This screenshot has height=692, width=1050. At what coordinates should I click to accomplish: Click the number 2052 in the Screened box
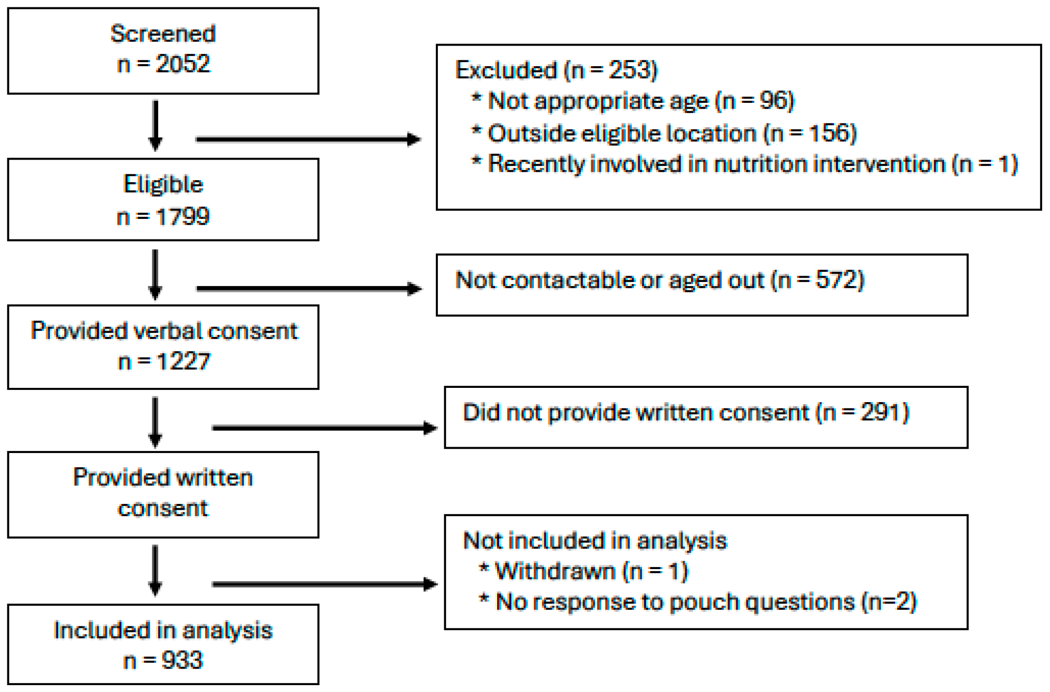[x=182, y=64]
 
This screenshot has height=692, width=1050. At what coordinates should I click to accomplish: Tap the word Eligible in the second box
[x=163, y=185]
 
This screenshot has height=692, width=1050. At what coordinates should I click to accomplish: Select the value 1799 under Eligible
[x=182, y=216]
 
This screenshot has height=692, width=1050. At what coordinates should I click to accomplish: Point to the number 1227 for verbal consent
[x=183, y=362]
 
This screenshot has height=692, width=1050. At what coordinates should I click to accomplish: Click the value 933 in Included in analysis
[x=182, y=660]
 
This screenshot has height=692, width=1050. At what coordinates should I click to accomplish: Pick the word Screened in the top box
[x=163, y=34]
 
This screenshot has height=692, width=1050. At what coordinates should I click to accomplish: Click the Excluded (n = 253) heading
[x=556, y=70]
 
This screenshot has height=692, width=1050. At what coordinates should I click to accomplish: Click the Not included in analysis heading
[x=595, y=541]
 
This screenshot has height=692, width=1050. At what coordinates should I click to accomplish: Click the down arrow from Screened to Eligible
[x=155, y=125]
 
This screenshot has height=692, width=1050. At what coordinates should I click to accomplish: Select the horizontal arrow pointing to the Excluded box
[x=308, y=140]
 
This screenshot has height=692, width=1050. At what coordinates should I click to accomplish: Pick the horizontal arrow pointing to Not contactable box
[x=309, y=288]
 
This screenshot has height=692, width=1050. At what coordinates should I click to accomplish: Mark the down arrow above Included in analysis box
[x=155, y=570]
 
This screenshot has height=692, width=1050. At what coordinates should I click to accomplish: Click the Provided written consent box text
[x=163, y=493]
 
